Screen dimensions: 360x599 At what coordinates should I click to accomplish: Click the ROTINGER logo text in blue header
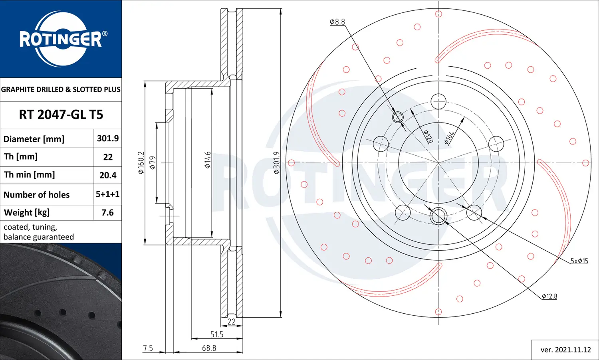61,39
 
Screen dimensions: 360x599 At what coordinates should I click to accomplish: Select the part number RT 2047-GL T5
61,115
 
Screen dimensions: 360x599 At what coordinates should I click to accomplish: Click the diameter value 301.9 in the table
108,138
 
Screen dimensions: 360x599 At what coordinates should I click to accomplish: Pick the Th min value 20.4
108,175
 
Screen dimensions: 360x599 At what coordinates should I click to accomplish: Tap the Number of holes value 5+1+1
108,194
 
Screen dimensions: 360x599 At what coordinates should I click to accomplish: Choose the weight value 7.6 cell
108,212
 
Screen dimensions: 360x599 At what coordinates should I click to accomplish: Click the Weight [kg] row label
27,212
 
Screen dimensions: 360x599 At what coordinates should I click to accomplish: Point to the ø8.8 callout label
337,22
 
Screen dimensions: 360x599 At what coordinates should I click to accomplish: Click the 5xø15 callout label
579,261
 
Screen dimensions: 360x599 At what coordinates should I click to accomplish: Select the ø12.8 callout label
549,296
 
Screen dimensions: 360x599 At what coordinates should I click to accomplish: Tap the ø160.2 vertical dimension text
141,162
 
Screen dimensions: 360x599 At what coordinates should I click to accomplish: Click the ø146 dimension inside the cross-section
208,160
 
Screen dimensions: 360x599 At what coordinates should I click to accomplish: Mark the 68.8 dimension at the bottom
209,348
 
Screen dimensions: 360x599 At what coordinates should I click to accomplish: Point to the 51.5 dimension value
217,334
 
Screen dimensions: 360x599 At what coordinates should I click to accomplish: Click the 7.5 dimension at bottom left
148,348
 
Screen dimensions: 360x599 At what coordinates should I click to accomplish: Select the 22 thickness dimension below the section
232,322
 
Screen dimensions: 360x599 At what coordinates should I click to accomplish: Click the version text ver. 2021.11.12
565,350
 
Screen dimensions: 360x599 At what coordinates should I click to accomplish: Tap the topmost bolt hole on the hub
438,101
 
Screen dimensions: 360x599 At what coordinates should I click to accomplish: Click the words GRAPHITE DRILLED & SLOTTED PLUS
61,89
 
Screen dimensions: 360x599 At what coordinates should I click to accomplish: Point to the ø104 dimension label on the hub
450,138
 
